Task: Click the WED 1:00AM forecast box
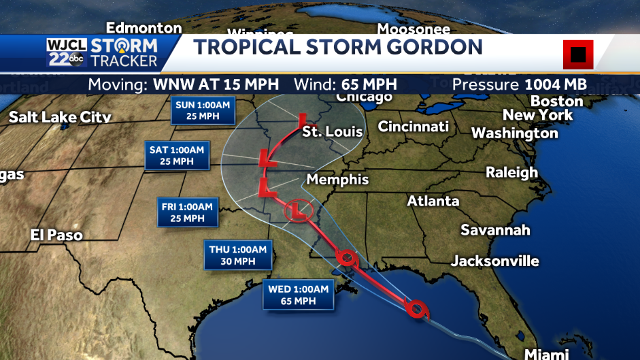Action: coord(298,295)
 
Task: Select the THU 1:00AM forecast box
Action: coord(237,255)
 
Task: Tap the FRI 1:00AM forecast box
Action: coord(188,212)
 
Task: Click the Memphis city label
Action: coord(337,180)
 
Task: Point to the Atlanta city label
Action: coord(433,201)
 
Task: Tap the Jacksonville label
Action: coord(495,261)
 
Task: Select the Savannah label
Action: coord(495,229)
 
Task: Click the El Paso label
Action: coord(56,235)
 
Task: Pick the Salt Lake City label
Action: coord(60,117)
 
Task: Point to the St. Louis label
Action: coord(333,131)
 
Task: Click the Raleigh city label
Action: coord(511,172)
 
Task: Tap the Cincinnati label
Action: coord(414,127)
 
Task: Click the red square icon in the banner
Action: coord(578,54)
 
